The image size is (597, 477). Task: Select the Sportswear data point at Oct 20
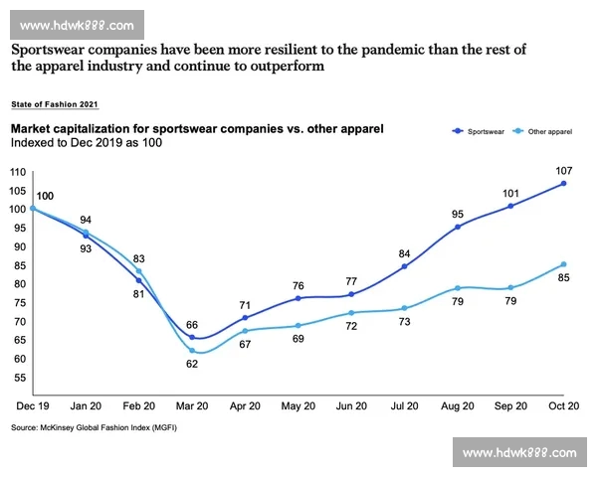tap(564, 183)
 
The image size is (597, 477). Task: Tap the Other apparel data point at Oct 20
tap(564, 264)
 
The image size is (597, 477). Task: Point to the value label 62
tap(192, 365)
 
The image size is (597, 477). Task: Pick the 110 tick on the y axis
tap(16, 172)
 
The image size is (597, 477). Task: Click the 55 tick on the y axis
tap(18, 378)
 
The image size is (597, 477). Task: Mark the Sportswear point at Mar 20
tap(192, 338)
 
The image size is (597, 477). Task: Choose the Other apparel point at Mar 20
tap(192, 350)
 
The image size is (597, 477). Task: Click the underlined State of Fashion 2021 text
tap(55, 103)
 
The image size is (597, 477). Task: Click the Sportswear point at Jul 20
tap(405, 266)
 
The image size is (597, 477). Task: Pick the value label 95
tap(458, 213)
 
